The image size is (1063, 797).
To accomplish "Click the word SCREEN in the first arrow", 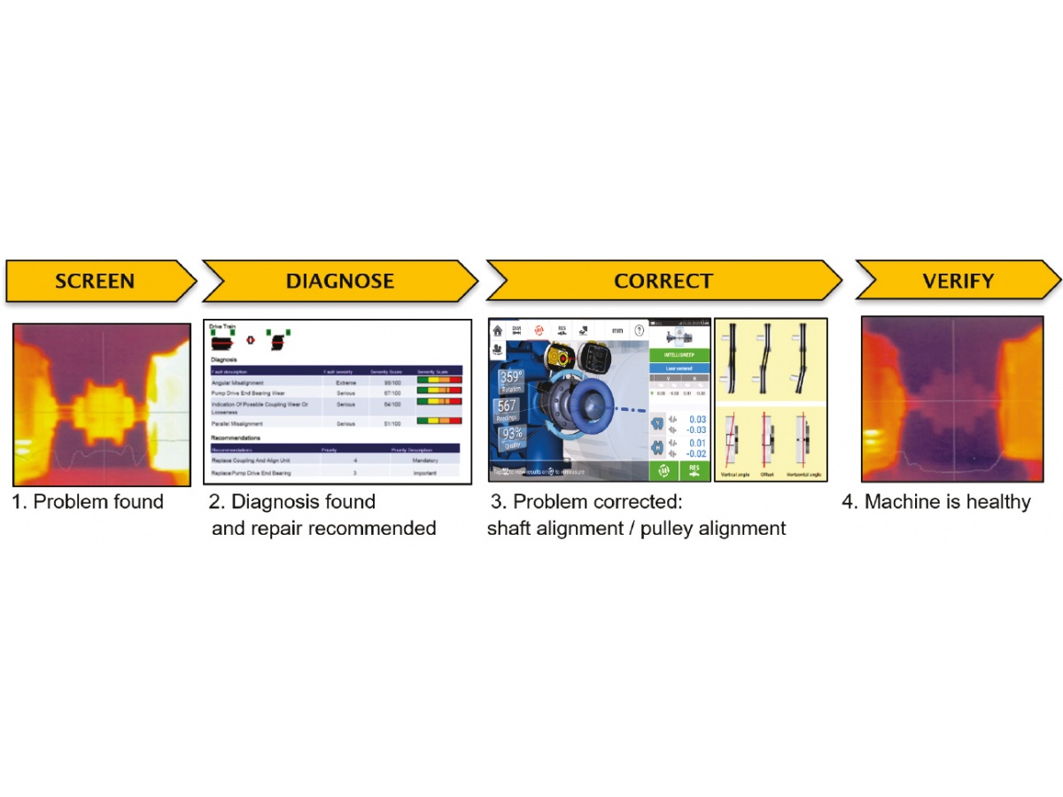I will pos(95,282).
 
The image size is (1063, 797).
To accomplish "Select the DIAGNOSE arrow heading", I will pos(340,282).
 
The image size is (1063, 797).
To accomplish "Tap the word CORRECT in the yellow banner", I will pos(663,282).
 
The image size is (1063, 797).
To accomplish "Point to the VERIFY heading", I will pos(958,282).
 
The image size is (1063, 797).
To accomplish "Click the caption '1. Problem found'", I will pos(88,502).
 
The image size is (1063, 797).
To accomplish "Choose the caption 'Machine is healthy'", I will pos(947,502).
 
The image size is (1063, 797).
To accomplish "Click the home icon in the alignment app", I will pos(498,330).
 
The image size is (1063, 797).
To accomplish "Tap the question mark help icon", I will pos(638,330).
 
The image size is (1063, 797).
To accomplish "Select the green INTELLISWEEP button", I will pos(680,355).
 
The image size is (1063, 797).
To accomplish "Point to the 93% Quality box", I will pos(509,438).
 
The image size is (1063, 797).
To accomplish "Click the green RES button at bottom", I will pos(695,470).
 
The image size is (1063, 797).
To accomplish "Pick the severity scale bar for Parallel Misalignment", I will pos(438,422).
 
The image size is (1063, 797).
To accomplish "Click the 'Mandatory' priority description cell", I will pos(424,460).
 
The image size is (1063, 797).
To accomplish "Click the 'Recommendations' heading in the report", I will pos(236,437).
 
